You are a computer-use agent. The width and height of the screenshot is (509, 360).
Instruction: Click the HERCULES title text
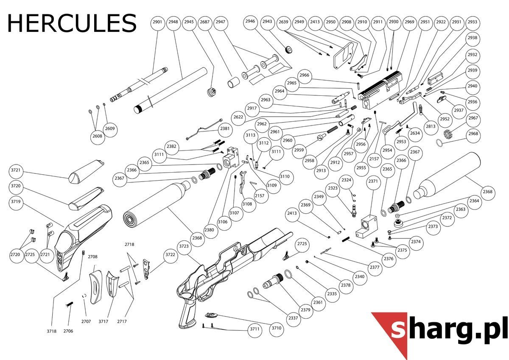coord(72,23)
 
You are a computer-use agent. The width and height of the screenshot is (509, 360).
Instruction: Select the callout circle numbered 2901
coord(157,22)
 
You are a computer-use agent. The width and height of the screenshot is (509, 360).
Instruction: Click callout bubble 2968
coord(473,134)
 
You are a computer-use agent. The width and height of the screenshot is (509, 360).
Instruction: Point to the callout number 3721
coord(16,170)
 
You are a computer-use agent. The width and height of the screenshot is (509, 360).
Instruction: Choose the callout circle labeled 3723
coord(184,246)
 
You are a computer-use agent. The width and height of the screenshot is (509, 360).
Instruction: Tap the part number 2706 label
coord(68,331)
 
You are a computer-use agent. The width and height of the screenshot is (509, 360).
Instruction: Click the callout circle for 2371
coord(373,181)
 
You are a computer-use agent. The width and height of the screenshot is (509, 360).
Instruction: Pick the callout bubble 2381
coord(225,129)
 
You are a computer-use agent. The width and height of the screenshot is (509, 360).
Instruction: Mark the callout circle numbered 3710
coord(276,328)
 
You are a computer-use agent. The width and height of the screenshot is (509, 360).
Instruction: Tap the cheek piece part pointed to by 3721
coord(87,171)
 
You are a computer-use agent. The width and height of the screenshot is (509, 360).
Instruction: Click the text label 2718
coord(129,244)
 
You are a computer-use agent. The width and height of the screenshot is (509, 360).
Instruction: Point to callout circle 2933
coord(473,22)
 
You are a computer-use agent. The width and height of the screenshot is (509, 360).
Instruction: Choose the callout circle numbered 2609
coord(110,129)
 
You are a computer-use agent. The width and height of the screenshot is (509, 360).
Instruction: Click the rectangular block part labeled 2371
coord(366,227)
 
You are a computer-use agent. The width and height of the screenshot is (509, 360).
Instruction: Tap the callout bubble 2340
coord(360,276)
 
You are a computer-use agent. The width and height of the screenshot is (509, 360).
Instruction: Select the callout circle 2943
coord(267,22)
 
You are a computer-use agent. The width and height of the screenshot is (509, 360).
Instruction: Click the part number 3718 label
coord(52,331)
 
